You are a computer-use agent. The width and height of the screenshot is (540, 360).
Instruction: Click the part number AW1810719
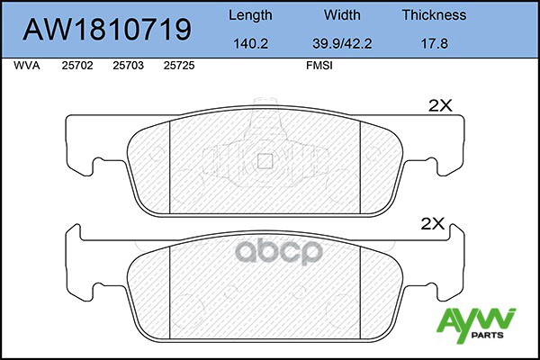coord(107,30)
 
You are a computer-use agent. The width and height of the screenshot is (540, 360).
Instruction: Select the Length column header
coord(250,15)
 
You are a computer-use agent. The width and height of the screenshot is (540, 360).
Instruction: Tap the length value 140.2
coord(250,44)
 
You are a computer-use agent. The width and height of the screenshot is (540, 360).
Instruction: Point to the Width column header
coord(342,14)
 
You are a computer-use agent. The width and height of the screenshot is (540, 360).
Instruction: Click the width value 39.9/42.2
coord(342,44)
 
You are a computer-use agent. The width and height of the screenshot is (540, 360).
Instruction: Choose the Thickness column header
coord(434,14)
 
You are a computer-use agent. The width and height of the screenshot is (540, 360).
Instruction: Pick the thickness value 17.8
coord(435,44)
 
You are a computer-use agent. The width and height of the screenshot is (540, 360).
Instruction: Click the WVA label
coord(27,66)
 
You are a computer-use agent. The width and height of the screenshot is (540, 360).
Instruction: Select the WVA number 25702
coord(77,66)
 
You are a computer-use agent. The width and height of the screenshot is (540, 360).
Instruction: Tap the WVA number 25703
coord(128,66)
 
